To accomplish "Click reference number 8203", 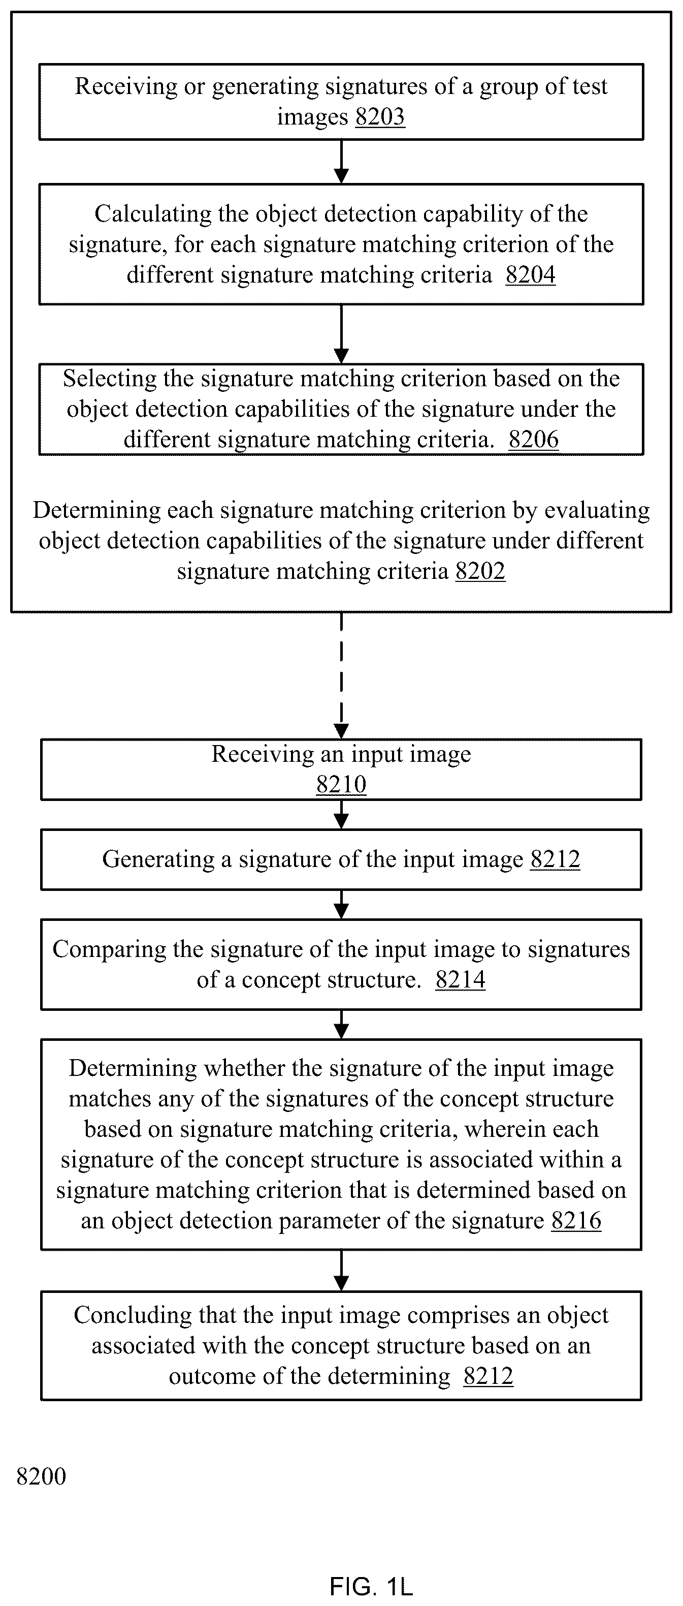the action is coord(380,116).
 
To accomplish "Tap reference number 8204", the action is coord(530,274).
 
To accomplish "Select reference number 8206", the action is coord(533,439).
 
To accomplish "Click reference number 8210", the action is coord(341,784).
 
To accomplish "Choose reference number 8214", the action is coord(461,979).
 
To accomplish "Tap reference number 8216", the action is coord(576,1220).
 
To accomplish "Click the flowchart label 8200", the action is coord(41,1476).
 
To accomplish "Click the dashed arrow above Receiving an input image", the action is coord(341,675).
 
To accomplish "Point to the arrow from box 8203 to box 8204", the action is coord(341,162).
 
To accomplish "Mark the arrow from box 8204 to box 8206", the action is coord(341,334).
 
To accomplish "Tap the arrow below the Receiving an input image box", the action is coord(341,814).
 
